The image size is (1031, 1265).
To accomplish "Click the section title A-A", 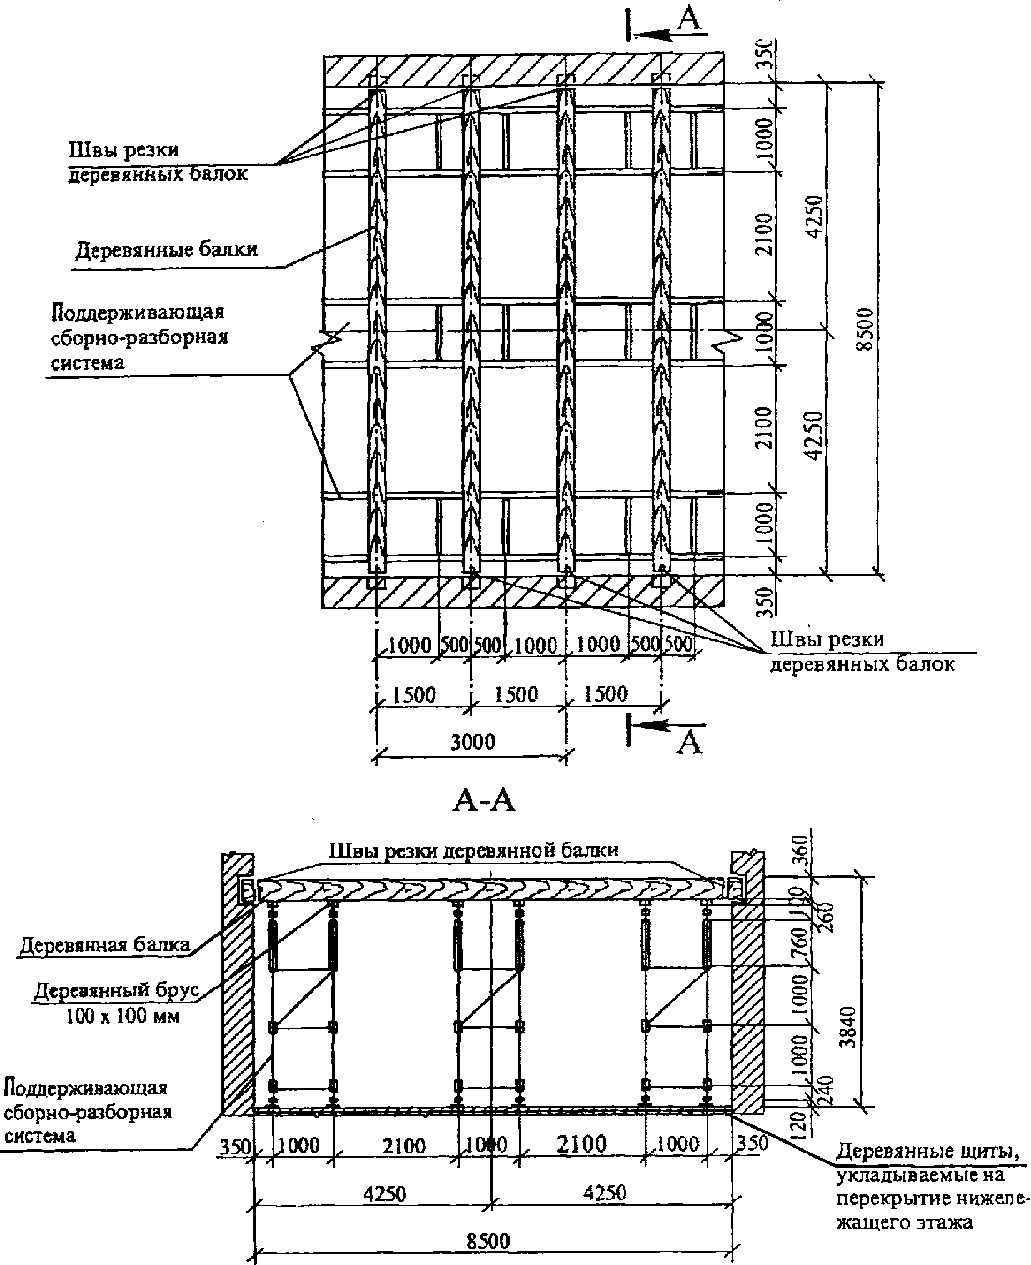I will click(x=483, y=802).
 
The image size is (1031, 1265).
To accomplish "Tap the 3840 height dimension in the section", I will click(x=849, y=1021).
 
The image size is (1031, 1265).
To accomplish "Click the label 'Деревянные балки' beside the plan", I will click(x=166, y=249).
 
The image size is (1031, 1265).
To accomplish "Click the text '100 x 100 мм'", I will click(x=123, y=1017).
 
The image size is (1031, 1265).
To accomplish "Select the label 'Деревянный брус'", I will click(x=116, y=991).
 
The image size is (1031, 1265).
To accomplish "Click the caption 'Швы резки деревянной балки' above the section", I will click(x=474, y=849).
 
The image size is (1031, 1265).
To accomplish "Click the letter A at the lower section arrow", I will click(x=688, y=744).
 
